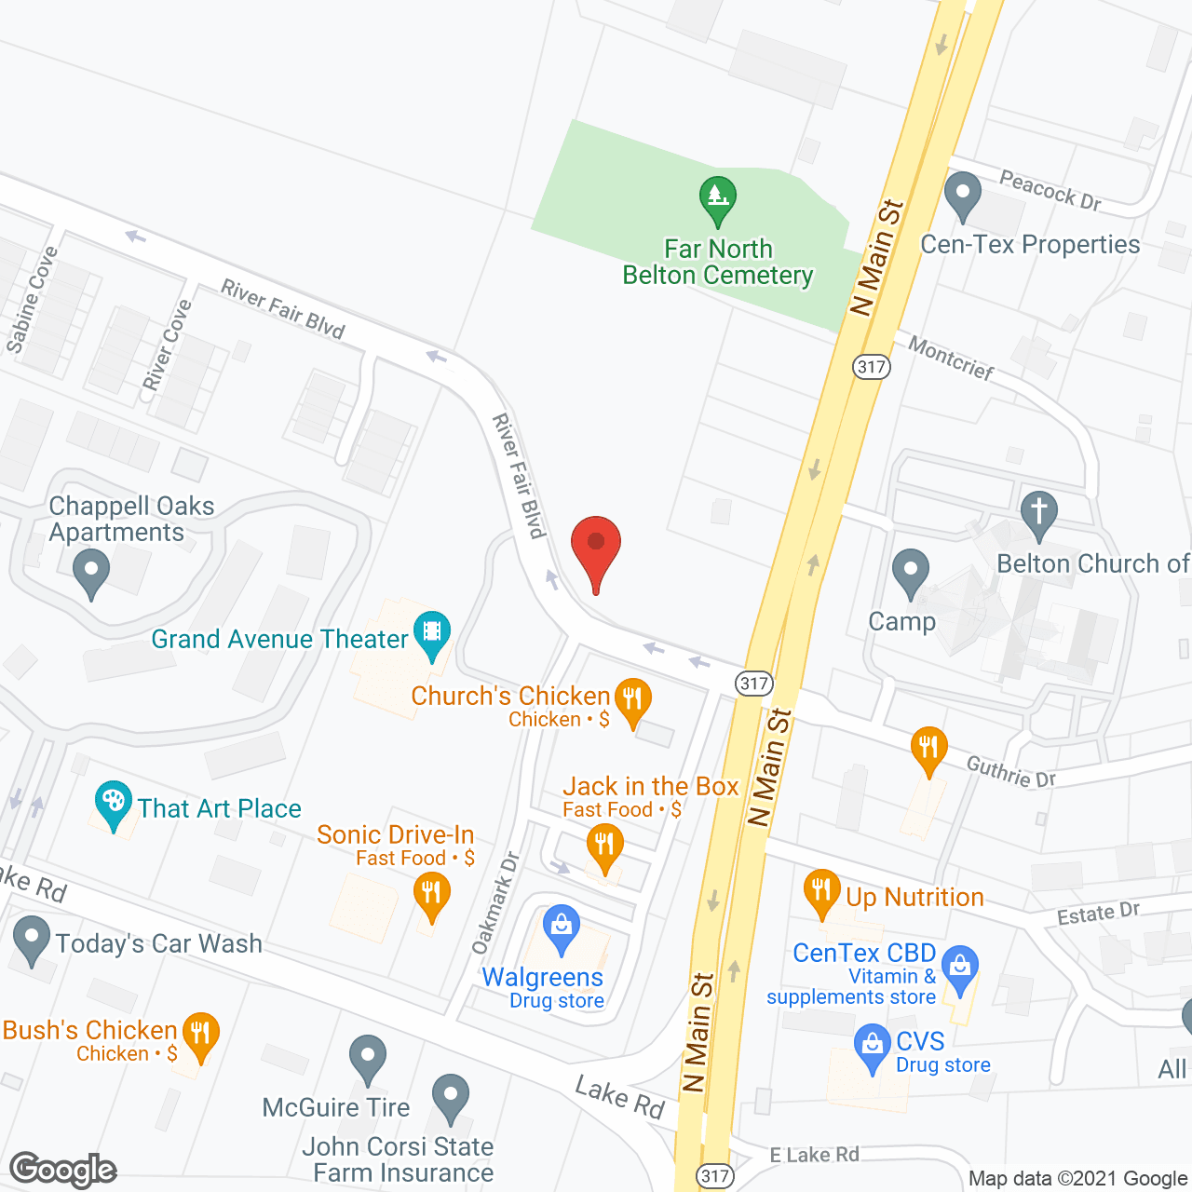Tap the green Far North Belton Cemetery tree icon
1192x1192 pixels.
(x=717, y=198)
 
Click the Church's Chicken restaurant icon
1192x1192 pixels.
(x=633, y=700)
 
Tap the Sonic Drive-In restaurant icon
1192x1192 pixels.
(x=431, y=895)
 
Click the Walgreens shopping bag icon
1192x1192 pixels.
(x=561, y=928)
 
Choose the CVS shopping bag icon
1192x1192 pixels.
(x=873, y=1046)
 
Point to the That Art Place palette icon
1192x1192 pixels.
(x=113, y=803)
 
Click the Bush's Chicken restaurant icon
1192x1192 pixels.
(x=200, y=1035)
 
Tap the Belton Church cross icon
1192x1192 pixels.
(x=1039, y=513)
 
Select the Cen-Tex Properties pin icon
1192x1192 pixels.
(x=963, y=196)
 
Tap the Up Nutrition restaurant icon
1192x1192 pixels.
(x=821, y=892)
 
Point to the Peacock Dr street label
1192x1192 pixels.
(x=1050, y=190)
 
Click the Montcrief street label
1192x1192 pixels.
(x=951, y=359)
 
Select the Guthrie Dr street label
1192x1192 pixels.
(x=1011, y=772)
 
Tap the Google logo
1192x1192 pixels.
(x=63, y=1169)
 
